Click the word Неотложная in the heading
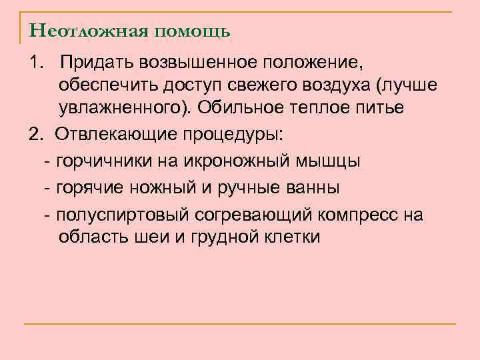pos(79,31)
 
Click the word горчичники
pos(98,161)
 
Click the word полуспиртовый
pos(125,215)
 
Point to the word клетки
pos(293,237)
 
